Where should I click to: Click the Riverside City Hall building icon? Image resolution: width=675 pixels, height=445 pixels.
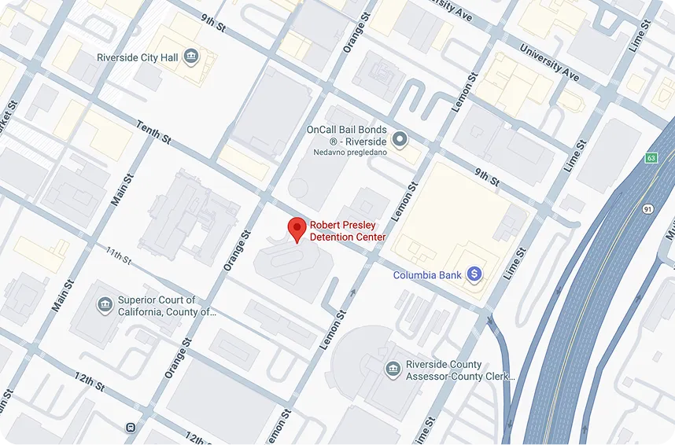(190, 57)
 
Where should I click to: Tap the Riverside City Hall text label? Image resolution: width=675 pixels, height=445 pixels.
(137, 57)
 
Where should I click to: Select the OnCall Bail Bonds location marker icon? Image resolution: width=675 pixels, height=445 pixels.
(400, 140)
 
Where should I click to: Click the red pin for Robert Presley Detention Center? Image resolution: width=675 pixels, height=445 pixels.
(297, 229)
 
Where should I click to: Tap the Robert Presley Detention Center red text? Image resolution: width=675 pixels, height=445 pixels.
(347, 230)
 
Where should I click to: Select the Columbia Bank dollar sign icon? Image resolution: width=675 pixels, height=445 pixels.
(474, 274)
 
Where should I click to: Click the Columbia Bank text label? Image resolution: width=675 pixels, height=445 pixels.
(428, 275)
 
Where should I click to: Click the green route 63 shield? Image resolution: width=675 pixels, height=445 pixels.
(651, 158)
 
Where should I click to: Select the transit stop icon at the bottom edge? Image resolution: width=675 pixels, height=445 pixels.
(129, 428)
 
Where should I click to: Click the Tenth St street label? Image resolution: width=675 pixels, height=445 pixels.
(153, 132)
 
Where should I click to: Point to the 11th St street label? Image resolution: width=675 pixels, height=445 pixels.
(119, 255)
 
